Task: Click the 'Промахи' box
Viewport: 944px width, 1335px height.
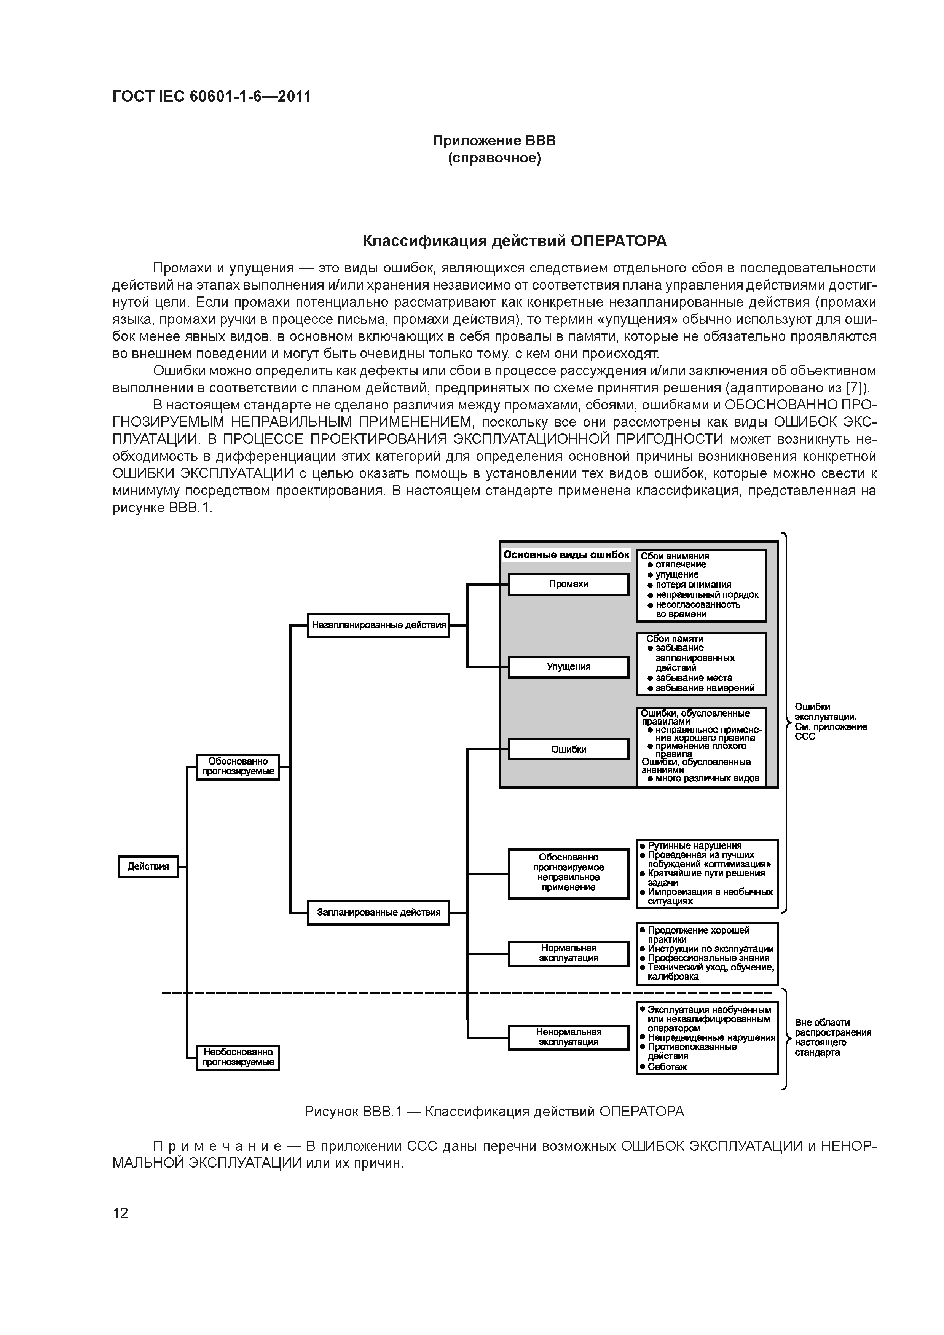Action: pyautogui.click(x=568, y=584)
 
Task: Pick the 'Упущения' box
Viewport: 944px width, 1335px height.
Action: pyautogui.click(x=568, y=666)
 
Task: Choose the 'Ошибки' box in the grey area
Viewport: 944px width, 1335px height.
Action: pyautogui.click(x=568, y=749)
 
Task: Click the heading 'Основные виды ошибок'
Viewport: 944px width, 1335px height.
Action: pyautogui.click(x=566, y=555)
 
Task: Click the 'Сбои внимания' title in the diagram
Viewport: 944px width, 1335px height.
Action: pyautogui.click(x=675, y=556)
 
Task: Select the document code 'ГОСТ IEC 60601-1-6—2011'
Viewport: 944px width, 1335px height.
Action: pyautogui.click(x=212, y=96)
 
